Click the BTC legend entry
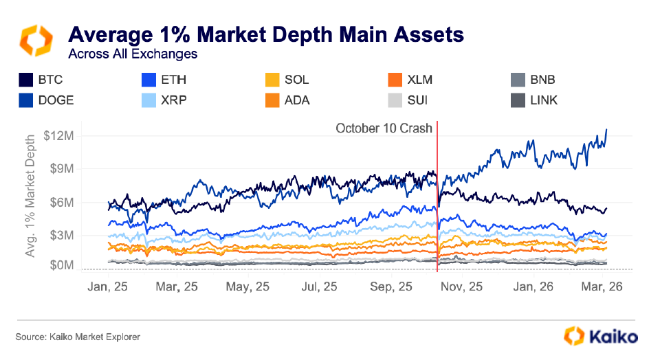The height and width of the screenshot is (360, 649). pyautogui.click(x=41, y=80)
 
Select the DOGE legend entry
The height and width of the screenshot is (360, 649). pyautogui.click(x=46, y=100)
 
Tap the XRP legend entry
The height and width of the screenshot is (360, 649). pyautogui.click(x=163, y=100)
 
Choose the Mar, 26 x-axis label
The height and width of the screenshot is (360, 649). pyautogui.click(x=601, y=287)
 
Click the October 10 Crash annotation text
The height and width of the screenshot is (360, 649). pyautogui.click(x=384, y=128)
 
